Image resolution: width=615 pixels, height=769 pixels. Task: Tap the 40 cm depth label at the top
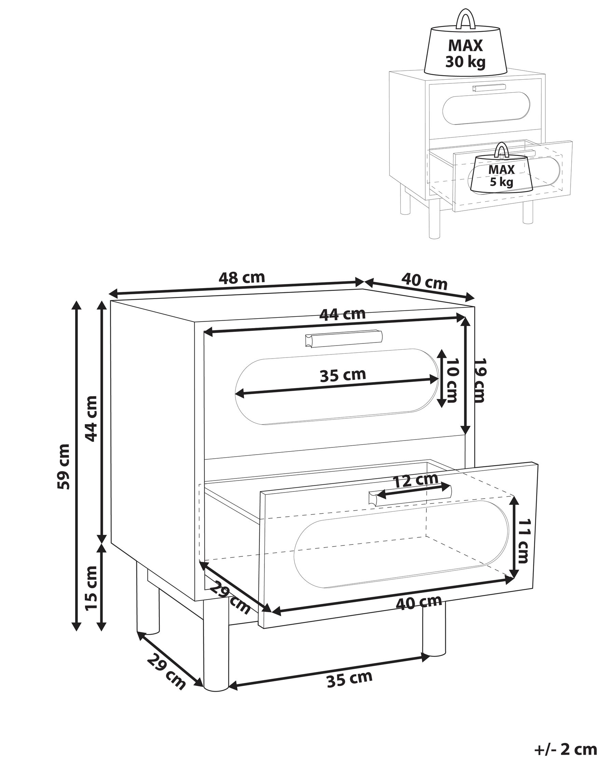(x=424, y=281)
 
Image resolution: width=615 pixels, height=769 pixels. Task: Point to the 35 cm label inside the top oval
(x=343, y=375)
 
